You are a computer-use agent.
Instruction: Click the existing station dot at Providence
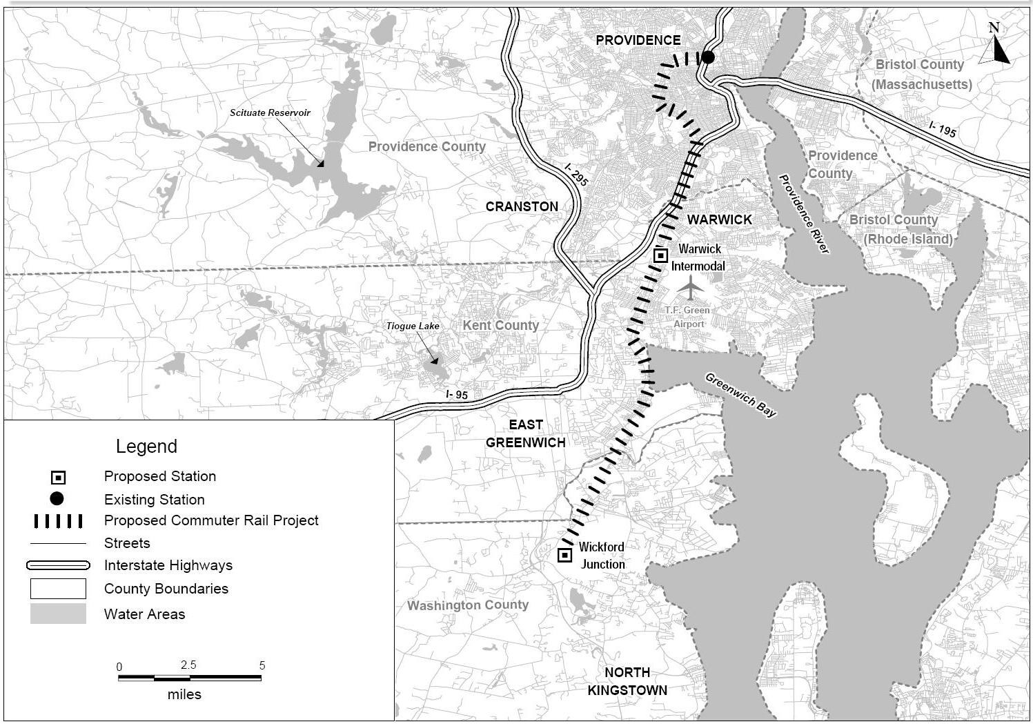click(x=707, y=57)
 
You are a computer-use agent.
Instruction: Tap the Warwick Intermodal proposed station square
click(x=660, y=255)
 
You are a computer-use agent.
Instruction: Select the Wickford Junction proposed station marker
click(x=564, y=554)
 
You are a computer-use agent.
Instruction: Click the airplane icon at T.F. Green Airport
click(x=690, y=288)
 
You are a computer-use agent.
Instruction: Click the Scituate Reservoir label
click(x=270, y=112)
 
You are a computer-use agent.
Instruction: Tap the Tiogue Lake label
click(x=412, y=326)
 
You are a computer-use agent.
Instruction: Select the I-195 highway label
click(x=942, y=128)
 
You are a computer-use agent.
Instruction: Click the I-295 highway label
click(x=575, y=175)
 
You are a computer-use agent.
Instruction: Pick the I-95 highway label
click(x=456, y=395)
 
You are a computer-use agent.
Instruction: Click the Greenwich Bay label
click(x=740, y=394)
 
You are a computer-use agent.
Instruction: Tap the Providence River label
click(x=803, y=213)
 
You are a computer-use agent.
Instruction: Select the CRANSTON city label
click(x=522, y=206)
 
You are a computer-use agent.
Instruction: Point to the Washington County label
click(x=467, y=605)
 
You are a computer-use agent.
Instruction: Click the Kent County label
click(x=500, y=325)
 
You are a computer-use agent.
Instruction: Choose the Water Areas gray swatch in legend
click(x=58, y=614)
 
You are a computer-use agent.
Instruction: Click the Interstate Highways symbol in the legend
click(x=58, y=565)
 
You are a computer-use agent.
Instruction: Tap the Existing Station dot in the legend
click(x=57, y=498)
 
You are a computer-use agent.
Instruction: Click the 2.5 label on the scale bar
click(x=188, y=665)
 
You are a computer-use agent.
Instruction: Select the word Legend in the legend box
click(x=146, y=446)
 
